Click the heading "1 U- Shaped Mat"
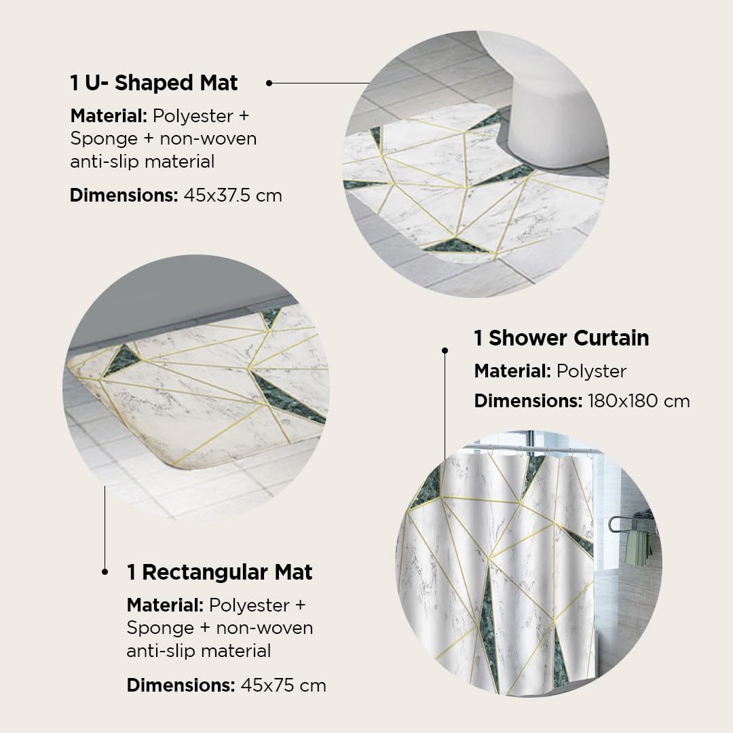(154, 83)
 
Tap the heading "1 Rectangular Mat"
(219, 571)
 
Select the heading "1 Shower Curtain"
(561, 337)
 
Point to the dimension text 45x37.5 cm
(233, 195)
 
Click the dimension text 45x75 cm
(283, 685)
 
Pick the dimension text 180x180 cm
(639, 400)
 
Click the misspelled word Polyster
(591, 371)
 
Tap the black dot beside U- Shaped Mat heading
(269, 83)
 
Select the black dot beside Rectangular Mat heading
(105, 571)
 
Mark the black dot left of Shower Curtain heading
(445, 350)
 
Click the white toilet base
(552, 117)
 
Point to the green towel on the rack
(638, 547)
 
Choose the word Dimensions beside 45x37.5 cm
(124, 195)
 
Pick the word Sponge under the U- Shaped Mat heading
(104, 139)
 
